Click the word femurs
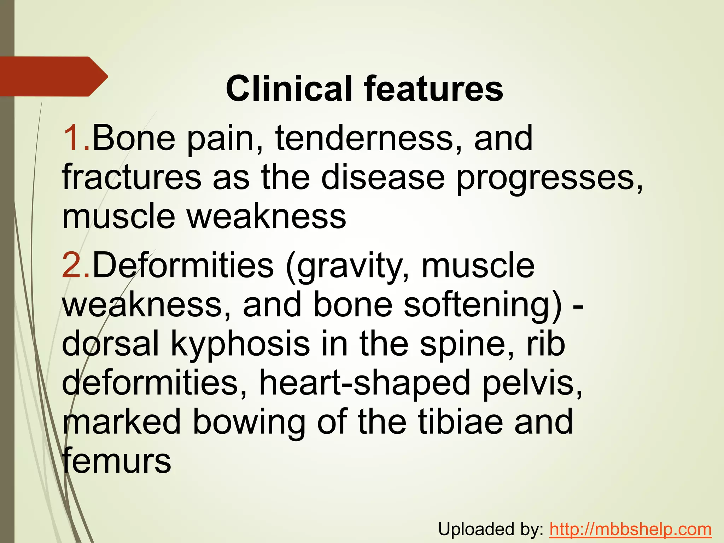117,460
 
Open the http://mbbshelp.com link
630,529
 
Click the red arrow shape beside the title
53,76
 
